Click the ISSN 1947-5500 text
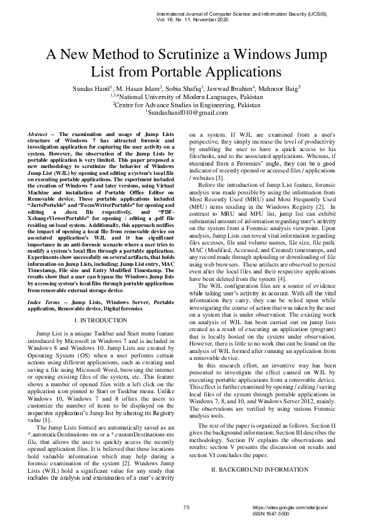(270, 513)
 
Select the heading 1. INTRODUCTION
(104, 320)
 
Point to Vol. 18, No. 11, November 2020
(194, 20)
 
